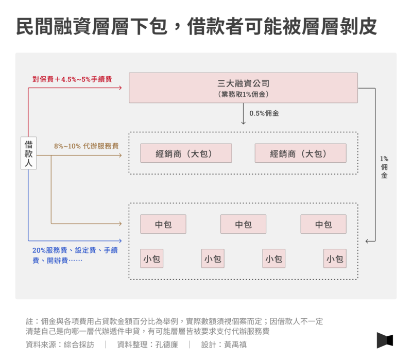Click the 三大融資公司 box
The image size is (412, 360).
(x=243, y=88)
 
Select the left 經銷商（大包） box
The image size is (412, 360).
(x=186, y=153)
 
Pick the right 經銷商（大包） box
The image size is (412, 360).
(x=300, y=153)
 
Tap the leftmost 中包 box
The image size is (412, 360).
(x=163, y=224)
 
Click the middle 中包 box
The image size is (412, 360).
(x=243, y=224)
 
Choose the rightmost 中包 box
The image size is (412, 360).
(x=323, y=224)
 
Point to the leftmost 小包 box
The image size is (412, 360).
(x=151, y=259)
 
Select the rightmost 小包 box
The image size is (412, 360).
(x=335, y=259)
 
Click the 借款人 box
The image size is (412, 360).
(x=29, y=153)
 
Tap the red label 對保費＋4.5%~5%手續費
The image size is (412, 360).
(x=72, y=79)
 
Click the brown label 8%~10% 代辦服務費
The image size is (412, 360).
(x=87, y=146)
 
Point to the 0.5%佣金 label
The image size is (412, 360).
(x=264, y=113)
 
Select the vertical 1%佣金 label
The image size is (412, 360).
(x=384, y=167)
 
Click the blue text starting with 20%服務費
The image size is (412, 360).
(x=75, y=255)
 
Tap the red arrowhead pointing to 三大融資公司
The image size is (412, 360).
(x=121, y=88)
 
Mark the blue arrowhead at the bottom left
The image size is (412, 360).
(x=121, y=241)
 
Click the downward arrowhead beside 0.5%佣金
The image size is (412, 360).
(x=243, y=123)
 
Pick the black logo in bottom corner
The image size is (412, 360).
(x=385, y=340)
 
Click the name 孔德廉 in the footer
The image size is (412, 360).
(x=166, y=345)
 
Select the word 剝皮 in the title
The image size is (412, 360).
(x=358, y=26)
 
